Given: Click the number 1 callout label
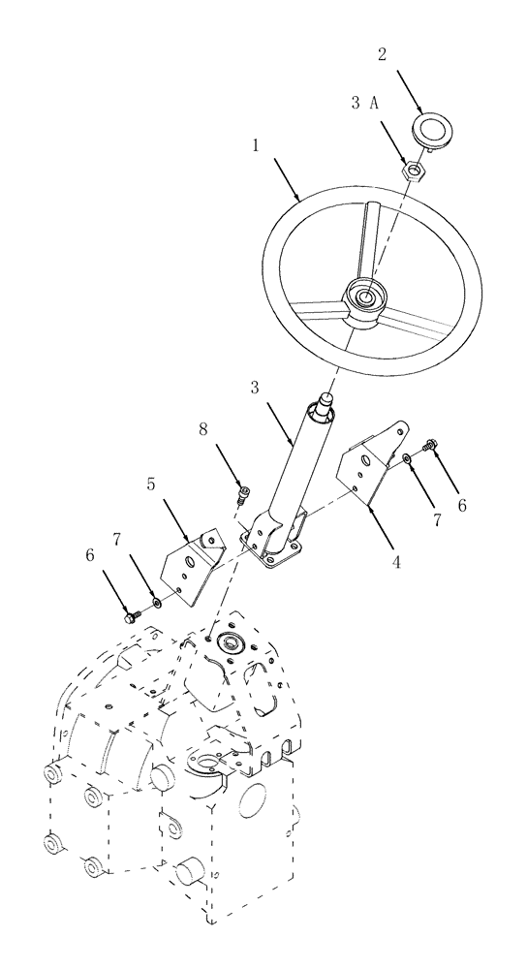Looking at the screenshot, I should pos(255,146).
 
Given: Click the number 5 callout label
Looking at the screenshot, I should pos(151,482).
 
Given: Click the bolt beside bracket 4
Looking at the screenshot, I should pos(429,445).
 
